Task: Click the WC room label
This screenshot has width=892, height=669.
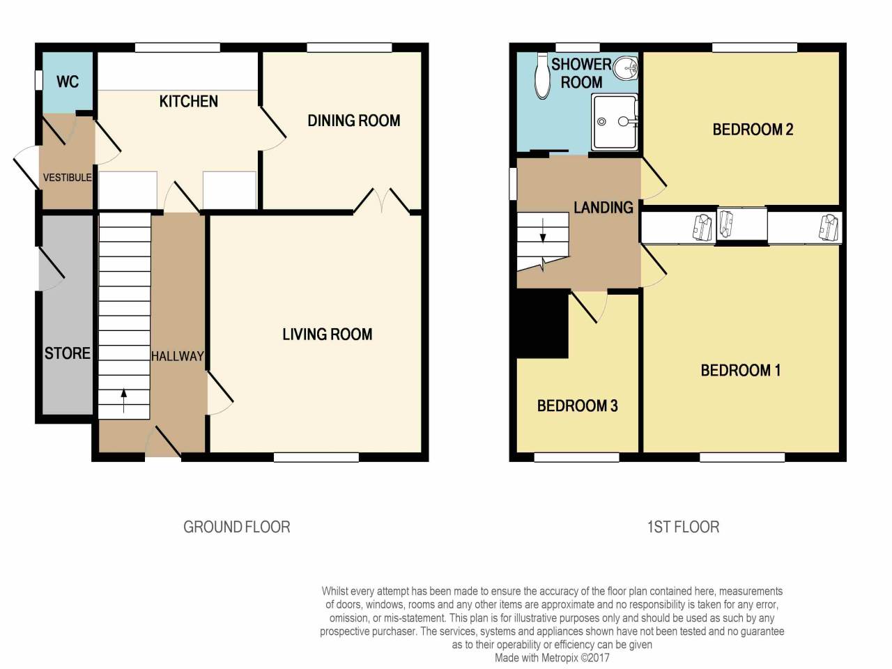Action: tap(68, 82)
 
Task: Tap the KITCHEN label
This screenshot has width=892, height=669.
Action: tap(188, 102)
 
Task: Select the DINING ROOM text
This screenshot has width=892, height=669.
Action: tap(353, 121)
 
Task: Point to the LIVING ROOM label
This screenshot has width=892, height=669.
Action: tap(327, 334)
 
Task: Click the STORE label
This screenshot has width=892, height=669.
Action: tap(68, 353)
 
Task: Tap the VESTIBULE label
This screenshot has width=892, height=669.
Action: tap(67, 178)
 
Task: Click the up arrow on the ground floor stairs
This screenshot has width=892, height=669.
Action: tap(124, 401)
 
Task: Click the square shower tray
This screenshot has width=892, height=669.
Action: tap(614, 122)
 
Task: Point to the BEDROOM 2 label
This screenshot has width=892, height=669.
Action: tap(753, 130)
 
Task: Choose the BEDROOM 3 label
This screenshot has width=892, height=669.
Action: tap(577, 406)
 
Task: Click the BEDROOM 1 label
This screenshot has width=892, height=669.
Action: tap(740, 370)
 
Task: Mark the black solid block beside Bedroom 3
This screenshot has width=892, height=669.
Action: tap(541, 324)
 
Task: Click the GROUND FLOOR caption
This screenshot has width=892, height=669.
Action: tap(236, 527)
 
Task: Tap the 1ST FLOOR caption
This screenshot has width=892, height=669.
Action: tap(683, 527)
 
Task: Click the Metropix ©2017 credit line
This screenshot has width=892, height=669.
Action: tap(552, 657)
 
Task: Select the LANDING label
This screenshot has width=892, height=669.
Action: tap(603, 208)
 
